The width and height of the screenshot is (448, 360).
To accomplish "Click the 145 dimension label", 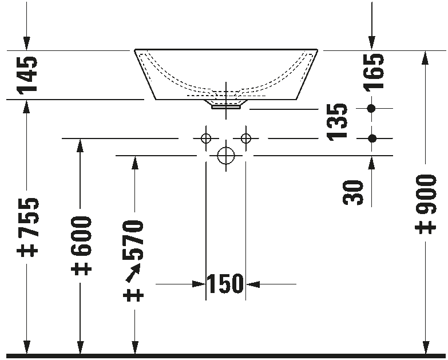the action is [27, 75].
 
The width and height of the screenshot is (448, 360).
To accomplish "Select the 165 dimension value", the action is [374, 72].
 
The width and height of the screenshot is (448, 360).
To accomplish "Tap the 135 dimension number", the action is [337, 122].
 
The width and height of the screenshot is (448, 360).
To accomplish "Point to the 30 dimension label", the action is [352, 192].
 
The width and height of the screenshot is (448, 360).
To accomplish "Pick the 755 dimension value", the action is [27, 217].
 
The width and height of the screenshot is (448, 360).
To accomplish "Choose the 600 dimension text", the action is [81, 236].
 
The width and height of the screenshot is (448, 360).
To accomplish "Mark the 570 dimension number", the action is [133, 240].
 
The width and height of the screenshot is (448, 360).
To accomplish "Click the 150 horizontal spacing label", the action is [225, 284].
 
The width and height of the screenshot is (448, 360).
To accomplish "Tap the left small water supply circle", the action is [206, 139].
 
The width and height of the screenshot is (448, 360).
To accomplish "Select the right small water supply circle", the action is [245, 139].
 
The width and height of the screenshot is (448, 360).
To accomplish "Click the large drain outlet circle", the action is [225, 156].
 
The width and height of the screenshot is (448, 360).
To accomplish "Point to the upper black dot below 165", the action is [371, 109].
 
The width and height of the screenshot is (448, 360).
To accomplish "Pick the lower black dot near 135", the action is [372, 139].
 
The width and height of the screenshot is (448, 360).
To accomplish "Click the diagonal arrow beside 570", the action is [133, 273].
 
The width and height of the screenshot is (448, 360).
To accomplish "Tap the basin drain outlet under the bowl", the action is [225, 105].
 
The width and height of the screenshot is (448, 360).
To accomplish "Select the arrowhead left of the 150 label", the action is [199, 284].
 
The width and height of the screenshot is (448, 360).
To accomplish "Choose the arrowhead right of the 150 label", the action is [252, 284].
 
